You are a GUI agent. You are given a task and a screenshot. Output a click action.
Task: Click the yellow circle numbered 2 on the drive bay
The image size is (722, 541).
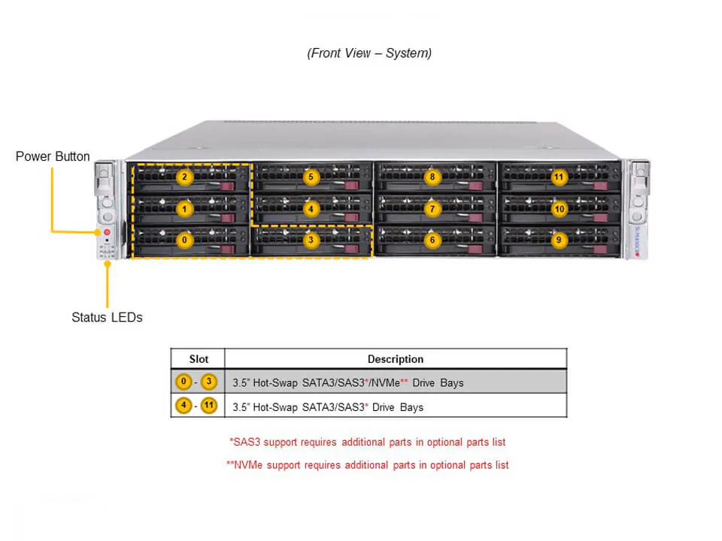point(184,177)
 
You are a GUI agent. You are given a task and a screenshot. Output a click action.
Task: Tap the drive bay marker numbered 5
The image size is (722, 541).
point(311,177)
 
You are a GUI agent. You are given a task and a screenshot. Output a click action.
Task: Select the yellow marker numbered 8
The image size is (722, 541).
point(432,177)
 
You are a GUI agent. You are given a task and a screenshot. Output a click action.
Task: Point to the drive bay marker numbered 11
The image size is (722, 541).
point(558,177)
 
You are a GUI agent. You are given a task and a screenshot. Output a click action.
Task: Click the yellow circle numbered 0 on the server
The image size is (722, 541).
point(184,240)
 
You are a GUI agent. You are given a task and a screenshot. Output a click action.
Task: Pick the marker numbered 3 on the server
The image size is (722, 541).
point(311,240)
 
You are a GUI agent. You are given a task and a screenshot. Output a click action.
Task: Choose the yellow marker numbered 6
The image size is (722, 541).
point(432,240)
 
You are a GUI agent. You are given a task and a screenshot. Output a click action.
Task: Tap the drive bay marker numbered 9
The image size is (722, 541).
point(558,240)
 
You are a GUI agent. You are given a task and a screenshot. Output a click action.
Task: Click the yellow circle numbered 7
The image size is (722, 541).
point(432,209)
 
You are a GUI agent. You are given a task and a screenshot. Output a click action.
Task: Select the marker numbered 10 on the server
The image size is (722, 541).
point(558,209)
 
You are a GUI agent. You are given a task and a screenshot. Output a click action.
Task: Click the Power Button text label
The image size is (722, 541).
point(53,156)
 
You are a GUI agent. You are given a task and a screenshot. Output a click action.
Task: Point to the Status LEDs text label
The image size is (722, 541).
point(107,317)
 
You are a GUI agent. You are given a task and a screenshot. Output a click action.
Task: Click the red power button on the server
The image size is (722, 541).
point(107,233)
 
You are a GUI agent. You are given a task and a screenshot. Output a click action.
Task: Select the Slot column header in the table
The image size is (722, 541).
point(198,359)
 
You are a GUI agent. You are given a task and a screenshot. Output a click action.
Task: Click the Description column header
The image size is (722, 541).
point(395,359)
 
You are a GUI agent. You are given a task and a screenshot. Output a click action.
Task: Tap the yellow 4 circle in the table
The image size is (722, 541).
point(184,407)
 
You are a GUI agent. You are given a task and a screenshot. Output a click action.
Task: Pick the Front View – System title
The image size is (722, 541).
point(369,53)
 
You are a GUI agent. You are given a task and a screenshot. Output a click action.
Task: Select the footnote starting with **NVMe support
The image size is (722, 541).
point(368,465)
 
